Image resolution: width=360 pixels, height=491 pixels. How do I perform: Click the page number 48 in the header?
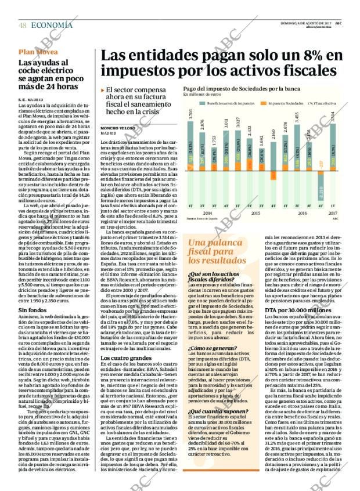click(x=23, y=25)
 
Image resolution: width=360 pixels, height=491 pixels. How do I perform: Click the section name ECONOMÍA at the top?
click(x=52, y=25)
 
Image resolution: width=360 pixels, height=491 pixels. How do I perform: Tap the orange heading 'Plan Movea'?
click(x=38, y=52)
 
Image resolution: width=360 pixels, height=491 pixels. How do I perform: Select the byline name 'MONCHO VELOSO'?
click(x=118, y=127)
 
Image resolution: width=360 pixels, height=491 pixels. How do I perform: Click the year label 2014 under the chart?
click(x=207, y=213)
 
